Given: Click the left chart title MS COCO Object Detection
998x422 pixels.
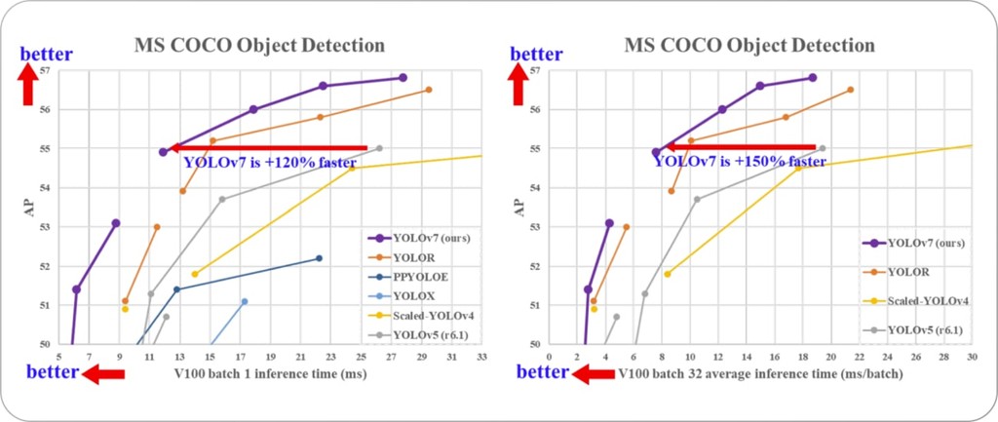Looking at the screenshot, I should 258,46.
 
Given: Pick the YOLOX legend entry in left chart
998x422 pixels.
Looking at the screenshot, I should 410,295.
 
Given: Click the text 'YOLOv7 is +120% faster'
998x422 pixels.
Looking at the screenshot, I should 269,163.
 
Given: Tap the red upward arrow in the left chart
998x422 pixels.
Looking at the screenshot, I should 28,85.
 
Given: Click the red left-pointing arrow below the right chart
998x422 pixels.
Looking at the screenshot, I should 595,373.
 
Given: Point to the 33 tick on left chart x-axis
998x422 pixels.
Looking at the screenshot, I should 480,357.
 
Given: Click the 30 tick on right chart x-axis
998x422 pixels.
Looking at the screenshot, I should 972,357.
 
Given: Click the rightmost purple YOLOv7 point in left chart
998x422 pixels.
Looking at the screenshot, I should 403,78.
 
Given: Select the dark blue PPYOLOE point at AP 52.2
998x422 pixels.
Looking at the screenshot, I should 319,258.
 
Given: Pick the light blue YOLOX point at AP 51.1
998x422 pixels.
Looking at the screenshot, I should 245,301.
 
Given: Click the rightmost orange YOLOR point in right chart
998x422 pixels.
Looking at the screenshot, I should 850,90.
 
